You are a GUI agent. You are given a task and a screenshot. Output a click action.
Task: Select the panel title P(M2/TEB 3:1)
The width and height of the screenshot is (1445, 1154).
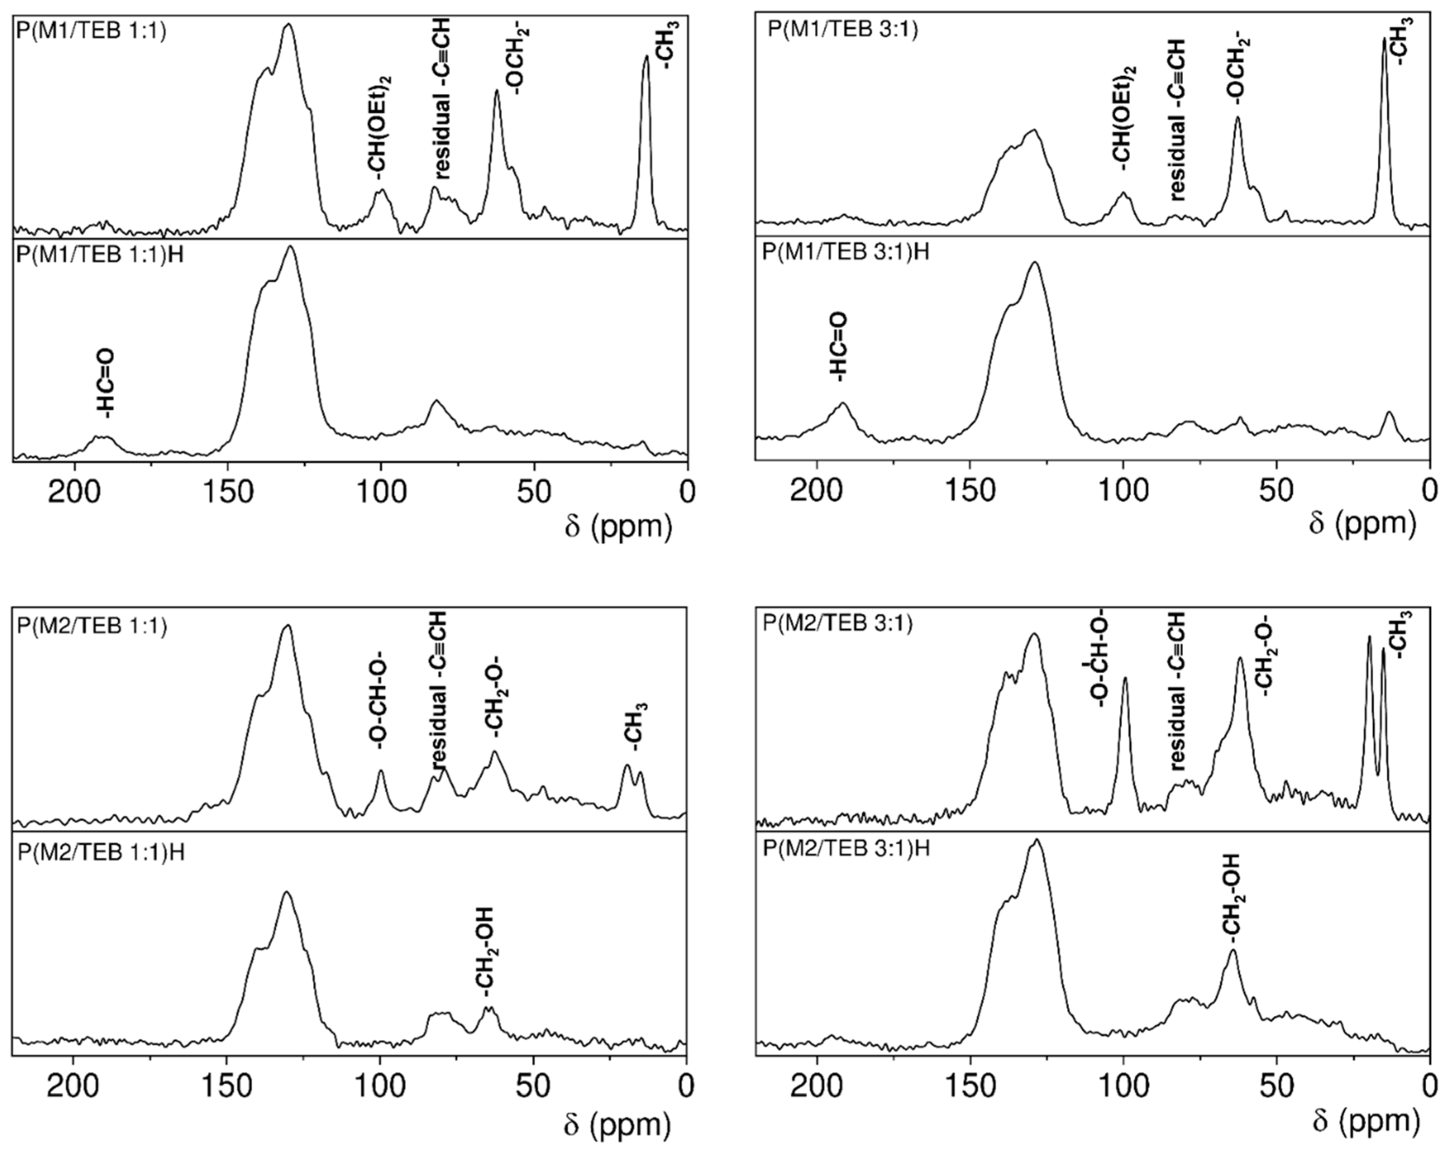(x=838, y=624)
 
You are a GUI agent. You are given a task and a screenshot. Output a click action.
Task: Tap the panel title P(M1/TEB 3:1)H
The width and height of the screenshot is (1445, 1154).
(x=846, y=253)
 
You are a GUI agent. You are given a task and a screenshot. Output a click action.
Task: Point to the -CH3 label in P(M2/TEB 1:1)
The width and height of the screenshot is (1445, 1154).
(x=633, y=726)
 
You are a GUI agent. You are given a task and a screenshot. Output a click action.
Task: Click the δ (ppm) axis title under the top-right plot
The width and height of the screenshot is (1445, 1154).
(x=1363, y=524)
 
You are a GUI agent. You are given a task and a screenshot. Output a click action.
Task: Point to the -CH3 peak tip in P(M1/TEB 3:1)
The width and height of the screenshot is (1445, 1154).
(x=1384, y=39)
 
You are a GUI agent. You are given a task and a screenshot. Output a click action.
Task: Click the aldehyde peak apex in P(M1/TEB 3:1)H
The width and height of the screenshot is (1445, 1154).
(x=842, y=403)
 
